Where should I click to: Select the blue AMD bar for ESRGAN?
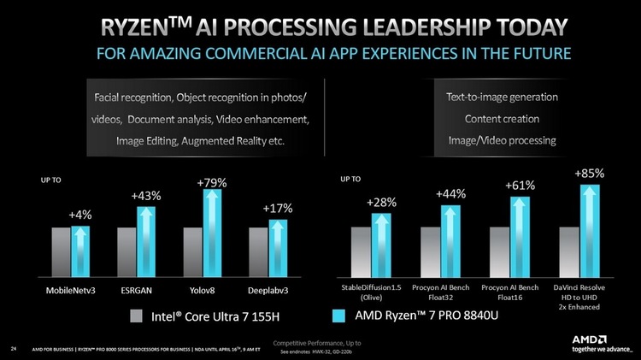tap(147, 239)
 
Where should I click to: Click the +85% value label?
tap(588, 174)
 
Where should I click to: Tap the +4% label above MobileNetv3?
tap(80, 214)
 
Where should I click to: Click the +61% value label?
tap(519, 186)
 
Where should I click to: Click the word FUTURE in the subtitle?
tap(538, 54)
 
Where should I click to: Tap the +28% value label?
tap(381, 202)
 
